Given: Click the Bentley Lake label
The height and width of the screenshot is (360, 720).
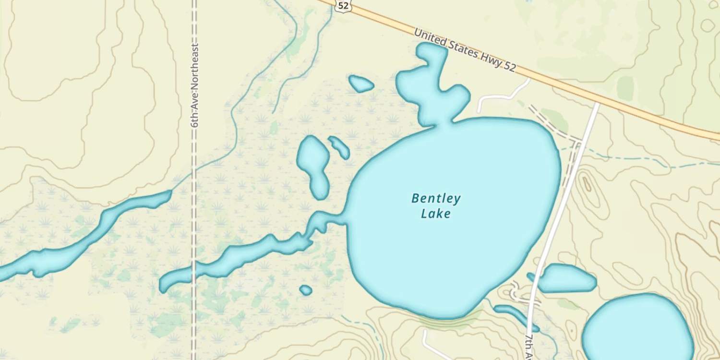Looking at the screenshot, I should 436,205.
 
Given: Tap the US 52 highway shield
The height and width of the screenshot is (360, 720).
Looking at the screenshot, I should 343,5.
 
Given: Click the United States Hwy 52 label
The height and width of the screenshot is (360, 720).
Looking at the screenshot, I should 465,50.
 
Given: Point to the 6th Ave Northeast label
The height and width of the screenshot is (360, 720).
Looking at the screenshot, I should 194,85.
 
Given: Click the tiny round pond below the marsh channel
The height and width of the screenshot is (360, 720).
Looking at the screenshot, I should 306,290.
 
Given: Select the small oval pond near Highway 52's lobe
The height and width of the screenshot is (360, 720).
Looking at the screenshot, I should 361,84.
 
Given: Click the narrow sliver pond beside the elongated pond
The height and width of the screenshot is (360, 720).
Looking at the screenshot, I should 339,147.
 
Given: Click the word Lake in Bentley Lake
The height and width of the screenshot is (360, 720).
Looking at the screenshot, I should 436,213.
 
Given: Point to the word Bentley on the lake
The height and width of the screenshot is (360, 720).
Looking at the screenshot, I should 436,198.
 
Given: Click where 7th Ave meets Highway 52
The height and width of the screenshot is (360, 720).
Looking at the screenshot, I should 597,102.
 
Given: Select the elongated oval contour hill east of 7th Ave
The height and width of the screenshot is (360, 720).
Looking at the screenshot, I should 587,185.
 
